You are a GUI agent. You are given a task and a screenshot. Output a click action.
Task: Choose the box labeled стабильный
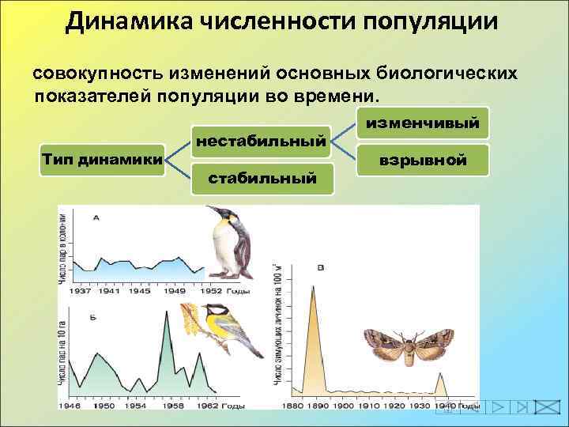coord(262,178)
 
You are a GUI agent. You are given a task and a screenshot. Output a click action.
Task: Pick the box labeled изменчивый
coord(422,123)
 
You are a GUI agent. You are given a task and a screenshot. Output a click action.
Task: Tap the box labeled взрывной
coord(422,160)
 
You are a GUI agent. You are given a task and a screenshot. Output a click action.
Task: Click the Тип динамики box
coord(102,160)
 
